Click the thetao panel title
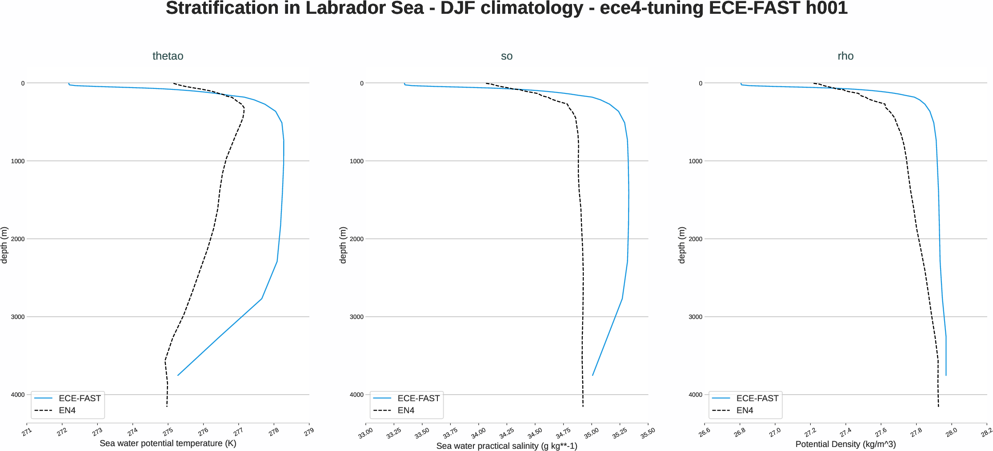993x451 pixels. coord(168,56)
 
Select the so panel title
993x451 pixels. coord(507,56)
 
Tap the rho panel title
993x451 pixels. coord(845,56)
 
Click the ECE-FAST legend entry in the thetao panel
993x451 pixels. coord(80,398)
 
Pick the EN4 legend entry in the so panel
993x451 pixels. coord(406,410)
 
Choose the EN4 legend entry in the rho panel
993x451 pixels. coord(745,410)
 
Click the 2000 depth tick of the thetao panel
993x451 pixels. coord(18,239)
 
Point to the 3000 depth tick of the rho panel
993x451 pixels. coord(695,317)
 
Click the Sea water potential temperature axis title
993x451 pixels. coord(168,443)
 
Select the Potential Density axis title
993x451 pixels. coord(845,444)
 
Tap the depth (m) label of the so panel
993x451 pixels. coord(343,245)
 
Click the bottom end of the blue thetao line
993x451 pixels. coord(178,375)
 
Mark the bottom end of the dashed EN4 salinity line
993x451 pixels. coord(583,406)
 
